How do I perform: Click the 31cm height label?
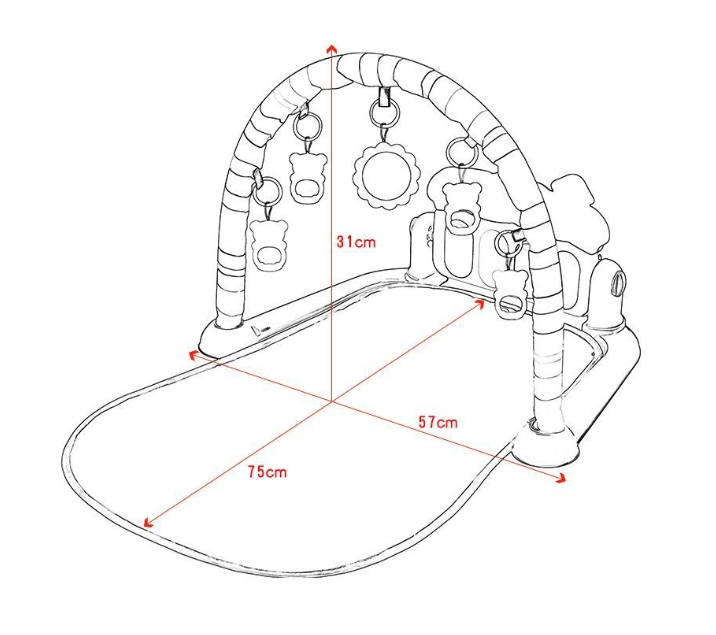click(355, 242)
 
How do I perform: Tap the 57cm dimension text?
click(437, 422)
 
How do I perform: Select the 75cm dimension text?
click(267, 471)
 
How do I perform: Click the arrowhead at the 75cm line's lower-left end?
click(148, 522)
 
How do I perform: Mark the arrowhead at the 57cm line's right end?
click(561, 479)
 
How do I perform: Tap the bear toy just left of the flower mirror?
click(307, 176)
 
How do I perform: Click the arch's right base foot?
click(548, 440)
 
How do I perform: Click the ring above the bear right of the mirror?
click(461, 151)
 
